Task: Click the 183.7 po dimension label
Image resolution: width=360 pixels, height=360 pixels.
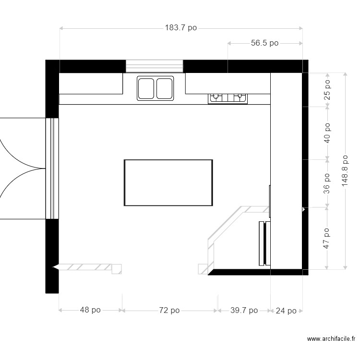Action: pyautogui.click(x=181, y=28)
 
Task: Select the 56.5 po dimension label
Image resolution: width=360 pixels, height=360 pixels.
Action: pyautogui.click(x=264, y=43)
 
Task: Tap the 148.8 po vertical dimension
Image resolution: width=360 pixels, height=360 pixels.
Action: pyautogui.click(x=345, y=172)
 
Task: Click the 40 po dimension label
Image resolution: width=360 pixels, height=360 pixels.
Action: pyautogui.click(x=327, y=132)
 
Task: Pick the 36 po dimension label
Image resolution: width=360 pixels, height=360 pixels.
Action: pyautogui.click(x=327, y=182)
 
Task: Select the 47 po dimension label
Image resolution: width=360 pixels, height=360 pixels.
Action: pyautogui.click(x=327, y=238)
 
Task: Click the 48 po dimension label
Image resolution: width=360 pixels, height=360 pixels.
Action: pyautogui.click(x=90, y=311)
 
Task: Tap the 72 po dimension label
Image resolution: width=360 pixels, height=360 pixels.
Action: pyautogui.click(x=169, y=311)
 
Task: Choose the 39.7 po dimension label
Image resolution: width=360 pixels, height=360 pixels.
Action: pyautogui.click(x=244, y=311)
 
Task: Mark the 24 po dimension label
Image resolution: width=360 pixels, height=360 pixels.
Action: pyautogui.click(x=286, y=311)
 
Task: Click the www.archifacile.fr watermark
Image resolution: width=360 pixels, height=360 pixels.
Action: pyautogui.click(x=331, y=339)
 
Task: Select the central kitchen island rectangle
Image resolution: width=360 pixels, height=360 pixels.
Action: pyautogui.click(x=168, y=182)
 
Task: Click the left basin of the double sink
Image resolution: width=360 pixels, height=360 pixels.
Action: pyautogui.click(x=146, y=88)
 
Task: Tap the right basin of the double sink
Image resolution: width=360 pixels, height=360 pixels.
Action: pyautogui.click(x=164, y=88)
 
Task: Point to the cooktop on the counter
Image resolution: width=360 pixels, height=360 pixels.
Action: pyautogui.click(x=228, y=98)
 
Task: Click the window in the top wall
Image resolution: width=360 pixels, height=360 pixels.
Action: pyautogui.click(x=154, y=66)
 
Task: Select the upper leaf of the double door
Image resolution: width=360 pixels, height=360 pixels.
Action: pyautogui.click(x=19, y=142)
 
